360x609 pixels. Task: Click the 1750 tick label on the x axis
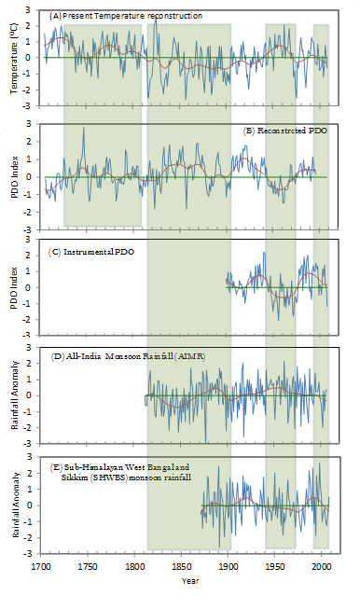click(88, 565)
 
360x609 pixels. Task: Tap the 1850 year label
click(181, 565)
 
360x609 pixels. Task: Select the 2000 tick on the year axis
click(322, 565)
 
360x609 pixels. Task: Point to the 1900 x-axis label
click(228, 565)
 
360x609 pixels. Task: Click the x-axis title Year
click(190, 581)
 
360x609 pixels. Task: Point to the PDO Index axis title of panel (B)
click(14, 177)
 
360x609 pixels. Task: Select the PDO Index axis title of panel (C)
click(14, 287)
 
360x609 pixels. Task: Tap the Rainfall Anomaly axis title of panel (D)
click(15, 395)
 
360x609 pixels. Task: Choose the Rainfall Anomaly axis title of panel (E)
click(16, 505)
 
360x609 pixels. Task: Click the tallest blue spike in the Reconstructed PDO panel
click(84, 128)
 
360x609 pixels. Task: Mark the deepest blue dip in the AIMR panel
click(205, 441)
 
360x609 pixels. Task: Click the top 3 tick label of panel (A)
click(28, 9)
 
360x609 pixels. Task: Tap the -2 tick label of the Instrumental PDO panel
click(26, 319)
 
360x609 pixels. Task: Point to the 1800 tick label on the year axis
click(134, 565)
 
